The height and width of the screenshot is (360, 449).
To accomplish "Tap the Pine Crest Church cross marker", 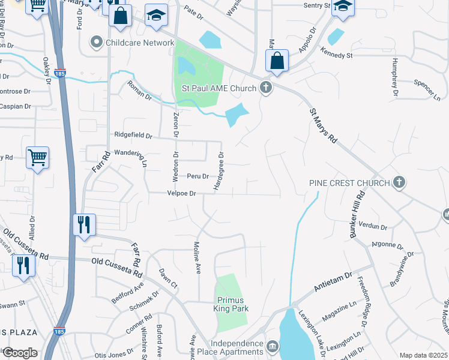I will click(x=399, y=182).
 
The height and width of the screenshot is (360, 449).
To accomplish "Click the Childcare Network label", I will click(x=139, y=43).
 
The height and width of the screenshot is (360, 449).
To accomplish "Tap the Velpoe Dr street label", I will click(x=181, y=193).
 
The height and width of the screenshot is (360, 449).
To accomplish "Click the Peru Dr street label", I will click(x=197, y=176).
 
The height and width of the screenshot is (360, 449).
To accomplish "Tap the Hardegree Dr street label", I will click(x=218, y=171).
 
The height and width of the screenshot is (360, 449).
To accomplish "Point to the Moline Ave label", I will click(x=196, y=256).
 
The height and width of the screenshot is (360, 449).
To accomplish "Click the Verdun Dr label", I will click(x=373, y=226).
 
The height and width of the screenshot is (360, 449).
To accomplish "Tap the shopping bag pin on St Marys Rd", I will click(x=277, y=61).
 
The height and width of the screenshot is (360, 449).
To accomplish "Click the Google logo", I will click(x=19, y=353).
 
